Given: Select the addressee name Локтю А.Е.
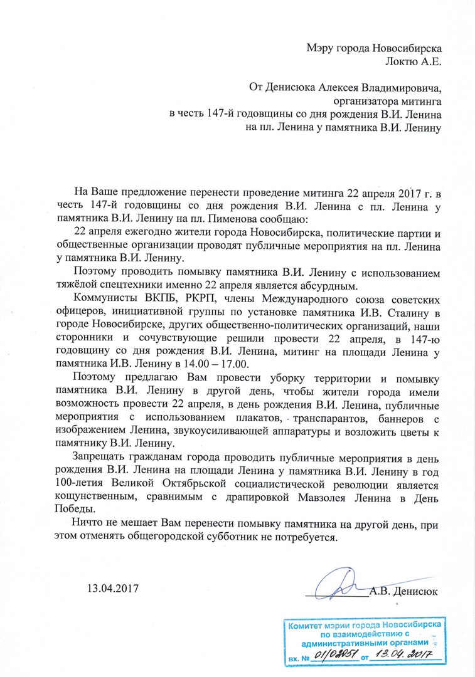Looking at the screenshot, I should pyautogui.click(x=411, y=61).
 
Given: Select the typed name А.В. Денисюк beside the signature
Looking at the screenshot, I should pyautogui.click(x=403, y=590).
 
